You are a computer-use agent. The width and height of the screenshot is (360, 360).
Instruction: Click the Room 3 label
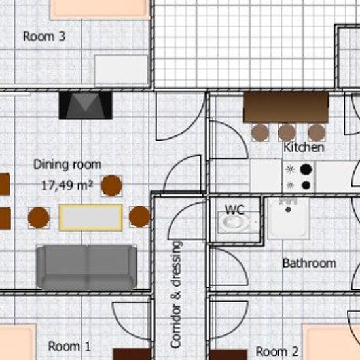tap(44, 37)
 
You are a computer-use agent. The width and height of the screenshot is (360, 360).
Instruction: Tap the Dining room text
tap(67, 164)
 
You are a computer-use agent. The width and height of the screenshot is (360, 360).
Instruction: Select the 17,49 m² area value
tap(67, 185)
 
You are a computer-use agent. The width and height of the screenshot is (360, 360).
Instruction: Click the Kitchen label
tap(304, 147)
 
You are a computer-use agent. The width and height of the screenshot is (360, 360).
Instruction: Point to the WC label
tap(234, 209)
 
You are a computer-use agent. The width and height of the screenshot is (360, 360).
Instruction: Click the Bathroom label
tap(309, 263)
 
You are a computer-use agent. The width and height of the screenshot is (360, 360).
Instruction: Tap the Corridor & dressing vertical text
tap(176, 294)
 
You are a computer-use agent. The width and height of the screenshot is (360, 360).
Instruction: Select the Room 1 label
tap(69, 346)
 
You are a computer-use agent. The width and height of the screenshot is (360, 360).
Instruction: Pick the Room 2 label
tap(277, 351)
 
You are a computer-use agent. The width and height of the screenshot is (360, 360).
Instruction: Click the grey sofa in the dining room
tap(86, 267)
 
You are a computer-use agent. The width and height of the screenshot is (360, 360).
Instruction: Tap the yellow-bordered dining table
tap(90, 217)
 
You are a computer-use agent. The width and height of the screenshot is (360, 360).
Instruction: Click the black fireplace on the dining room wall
tap(85, 105)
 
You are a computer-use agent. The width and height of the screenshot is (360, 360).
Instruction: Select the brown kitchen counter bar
tap(286, 107)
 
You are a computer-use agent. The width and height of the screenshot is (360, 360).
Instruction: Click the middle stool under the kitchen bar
tap(287, 132)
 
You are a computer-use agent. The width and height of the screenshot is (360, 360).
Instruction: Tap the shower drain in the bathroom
tap(289, 209)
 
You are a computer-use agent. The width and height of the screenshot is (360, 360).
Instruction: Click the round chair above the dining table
tap(111, 185)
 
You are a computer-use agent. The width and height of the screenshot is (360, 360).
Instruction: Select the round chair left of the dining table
tap(39, 217)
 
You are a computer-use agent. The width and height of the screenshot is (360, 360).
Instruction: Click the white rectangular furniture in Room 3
tap(121, 70)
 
